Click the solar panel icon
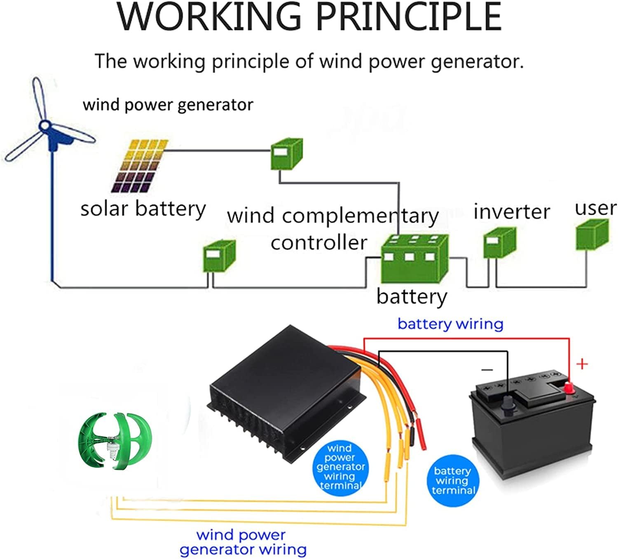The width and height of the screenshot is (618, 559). [x=140, y=166]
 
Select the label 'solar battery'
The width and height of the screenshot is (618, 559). [x=143, y=209]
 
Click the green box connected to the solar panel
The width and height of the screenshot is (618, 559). [x=286, y=154]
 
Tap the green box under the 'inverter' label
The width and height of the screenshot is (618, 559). [x=499, y=243]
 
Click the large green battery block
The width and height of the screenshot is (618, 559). [x=414, y=258]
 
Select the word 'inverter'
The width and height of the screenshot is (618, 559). [x=511, y=212]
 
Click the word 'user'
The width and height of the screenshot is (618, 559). [x=595, y=208]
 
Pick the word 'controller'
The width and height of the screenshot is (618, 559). [x=318, y=242]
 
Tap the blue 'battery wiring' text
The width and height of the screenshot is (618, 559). [x=450, y=324]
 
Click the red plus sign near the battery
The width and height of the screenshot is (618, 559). [x=582, y=364]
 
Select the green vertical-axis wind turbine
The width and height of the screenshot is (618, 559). [x=115, y=441]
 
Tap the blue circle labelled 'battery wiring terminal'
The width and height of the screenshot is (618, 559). [x=453, y=480]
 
